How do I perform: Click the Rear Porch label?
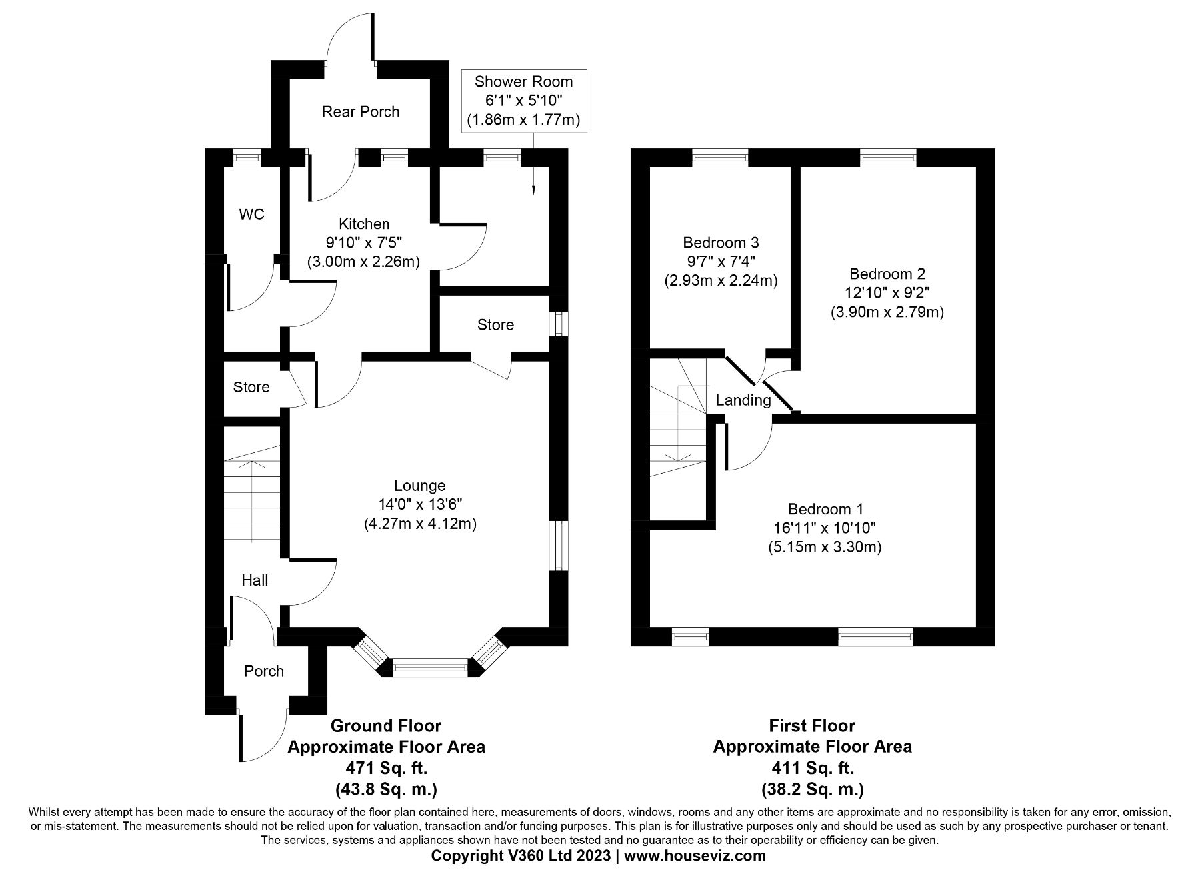361,111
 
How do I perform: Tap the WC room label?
251,214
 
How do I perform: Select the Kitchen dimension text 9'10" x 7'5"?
364,242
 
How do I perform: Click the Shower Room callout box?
523,101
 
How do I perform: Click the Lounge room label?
419,486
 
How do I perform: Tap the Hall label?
255,580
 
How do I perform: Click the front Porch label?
264,671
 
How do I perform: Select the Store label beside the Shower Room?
495,324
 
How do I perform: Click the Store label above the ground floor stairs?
251,387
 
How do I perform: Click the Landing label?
743,400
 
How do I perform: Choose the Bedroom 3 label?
721,242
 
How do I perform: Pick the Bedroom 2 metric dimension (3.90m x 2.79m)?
887,312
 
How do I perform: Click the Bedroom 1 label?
825,509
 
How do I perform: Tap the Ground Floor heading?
386,725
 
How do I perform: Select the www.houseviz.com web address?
695,855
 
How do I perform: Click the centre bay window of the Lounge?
431,666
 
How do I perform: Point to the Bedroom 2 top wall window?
888,158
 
